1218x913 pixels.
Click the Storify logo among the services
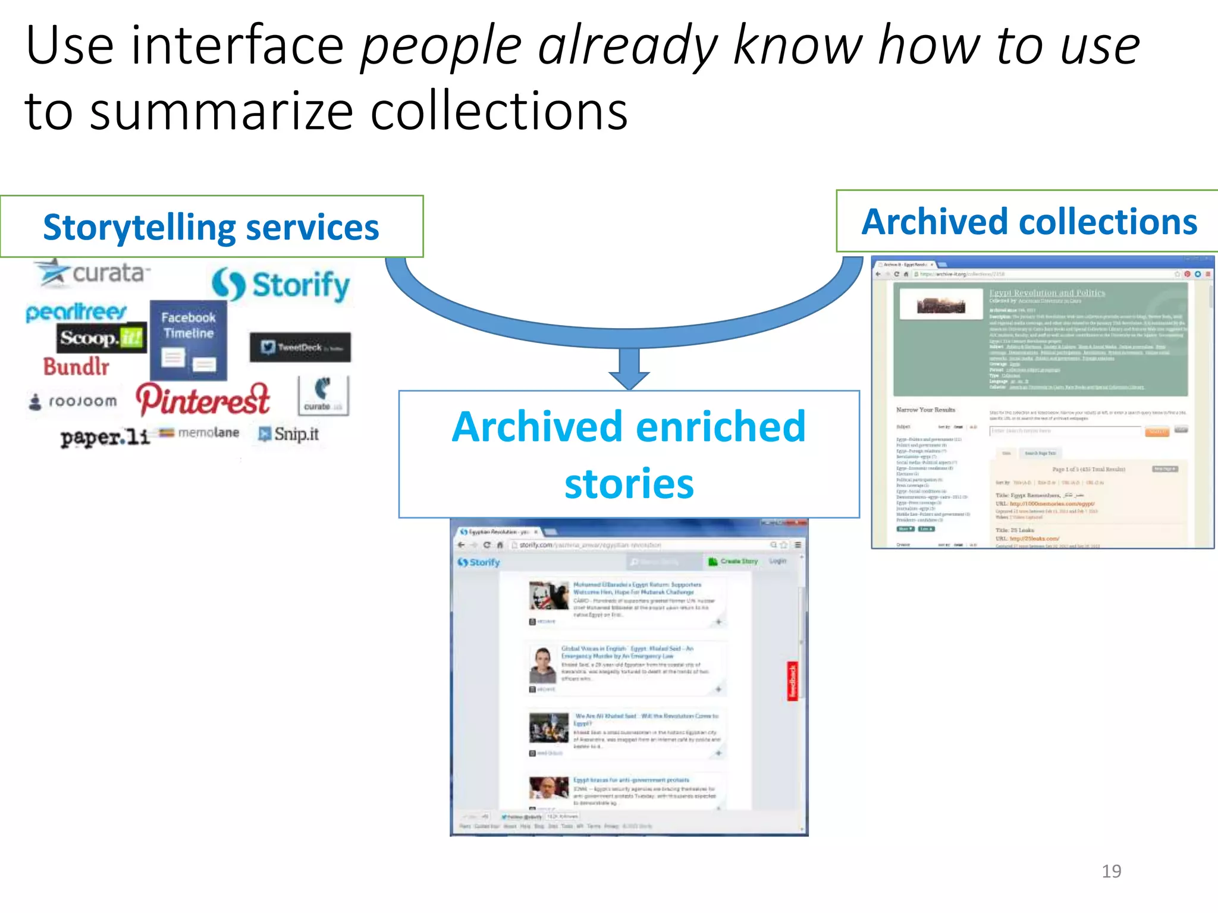tap(281, 285)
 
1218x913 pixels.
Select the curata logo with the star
tap(92, 273)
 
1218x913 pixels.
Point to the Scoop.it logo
tap(101, 338)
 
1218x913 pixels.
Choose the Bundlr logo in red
tap(76, 367)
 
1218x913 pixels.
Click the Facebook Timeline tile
tap(189, 341)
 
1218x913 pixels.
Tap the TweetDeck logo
tap(300, 347)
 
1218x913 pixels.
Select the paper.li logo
tap(105, 437)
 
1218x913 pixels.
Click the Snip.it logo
tap(289, 434)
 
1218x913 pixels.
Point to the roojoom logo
tap(73, 402)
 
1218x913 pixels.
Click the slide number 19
tap(1111, 871)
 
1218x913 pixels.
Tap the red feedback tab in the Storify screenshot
tap(792, 681)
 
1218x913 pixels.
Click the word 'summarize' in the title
tap(222, 111)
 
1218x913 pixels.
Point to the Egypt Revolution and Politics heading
tap(1047, 293)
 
